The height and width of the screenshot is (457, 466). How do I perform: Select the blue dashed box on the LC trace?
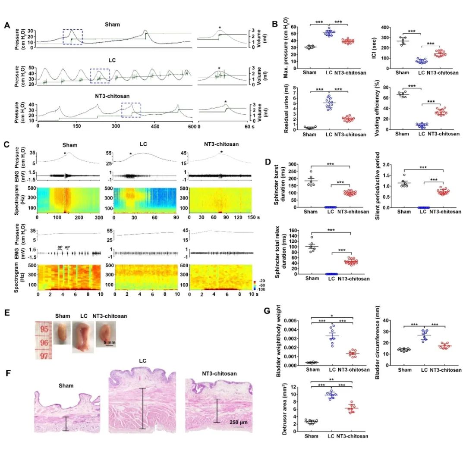point(100,75)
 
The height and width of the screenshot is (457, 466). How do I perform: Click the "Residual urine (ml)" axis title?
point(286,109)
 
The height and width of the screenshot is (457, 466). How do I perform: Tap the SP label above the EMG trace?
point(60,247)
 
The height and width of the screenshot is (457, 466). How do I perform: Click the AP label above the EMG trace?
point(67,247)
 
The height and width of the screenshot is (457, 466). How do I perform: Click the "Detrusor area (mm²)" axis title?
point(286,412)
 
